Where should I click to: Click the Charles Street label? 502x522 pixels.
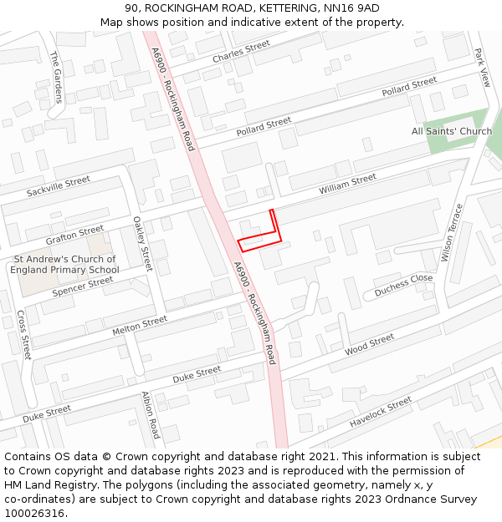[241, 51]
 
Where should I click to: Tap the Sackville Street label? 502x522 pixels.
[58, 186]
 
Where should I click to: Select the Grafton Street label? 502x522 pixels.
[74, 235]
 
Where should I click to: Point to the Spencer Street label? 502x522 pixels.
[82, 286]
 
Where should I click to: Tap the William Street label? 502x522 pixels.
[347, 185]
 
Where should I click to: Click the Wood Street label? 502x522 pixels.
[369, 344]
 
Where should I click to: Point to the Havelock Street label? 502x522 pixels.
[381, 412]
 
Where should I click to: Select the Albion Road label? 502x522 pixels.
[151, 415]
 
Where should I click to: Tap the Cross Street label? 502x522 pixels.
[24, 335]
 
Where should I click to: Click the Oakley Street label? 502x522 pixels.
[142, 244]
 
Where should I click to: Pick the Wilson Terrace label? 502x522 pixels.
[451, 232]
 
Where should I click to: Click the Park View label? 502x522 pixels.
[482, 67]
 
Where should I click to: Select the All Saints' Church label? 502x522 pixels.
[452, 131]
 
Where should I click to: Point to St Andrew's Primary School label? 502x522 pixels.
[64, 265]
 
